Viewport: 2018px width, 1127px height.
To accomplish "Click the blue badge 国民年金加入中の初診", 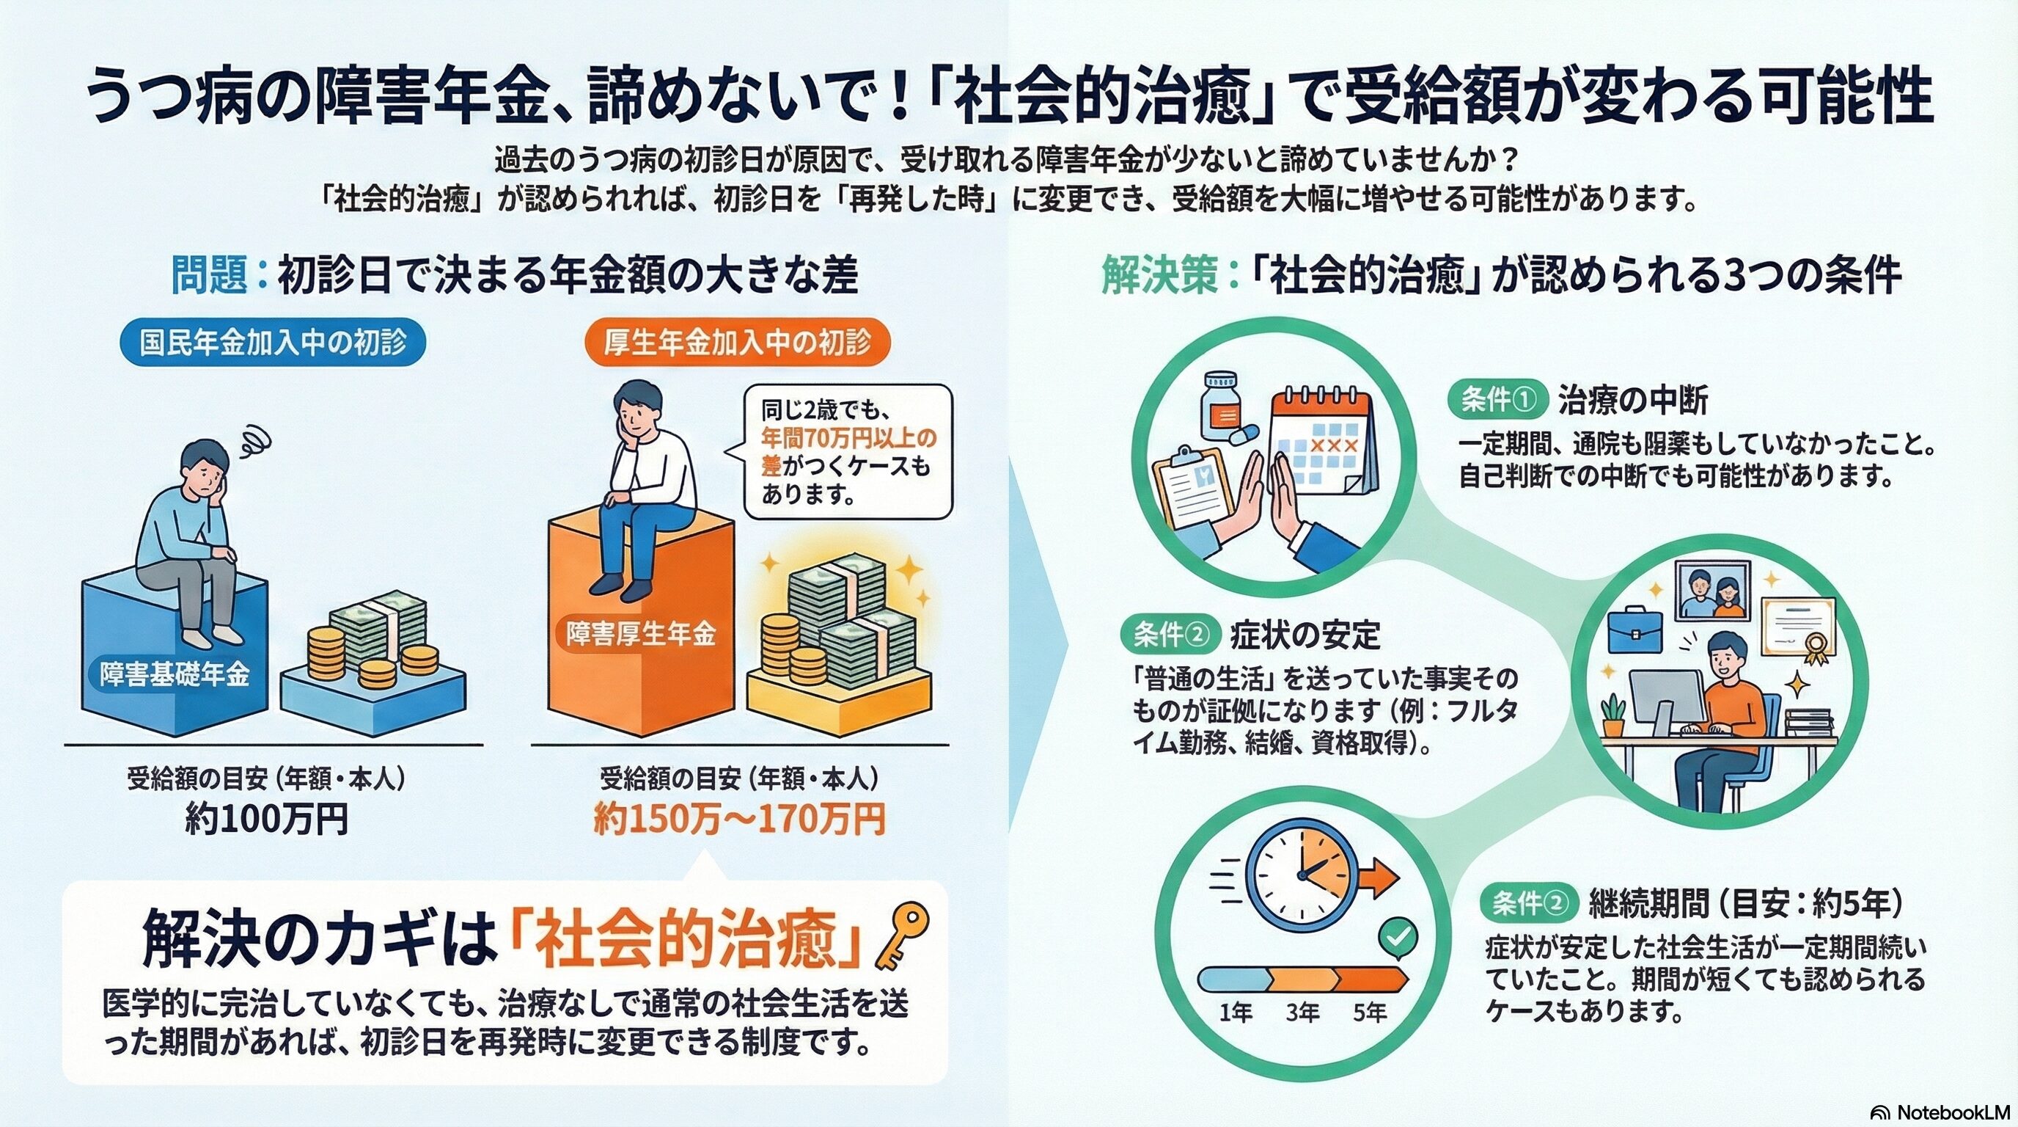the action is (x=273, y=343).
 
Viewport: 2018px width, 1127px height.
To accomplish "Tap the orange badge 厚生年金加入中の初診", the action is (x=737, y=343).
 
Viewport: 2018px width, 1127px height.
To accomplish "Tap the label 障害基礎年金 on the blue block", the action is (x=174, y=674).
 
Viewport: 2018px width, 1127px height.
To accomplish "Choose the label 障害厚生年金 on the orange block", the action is (x=641, y=634).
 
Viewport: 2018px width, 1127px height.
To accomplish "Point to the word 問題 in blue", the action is (x=210, y=275).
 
